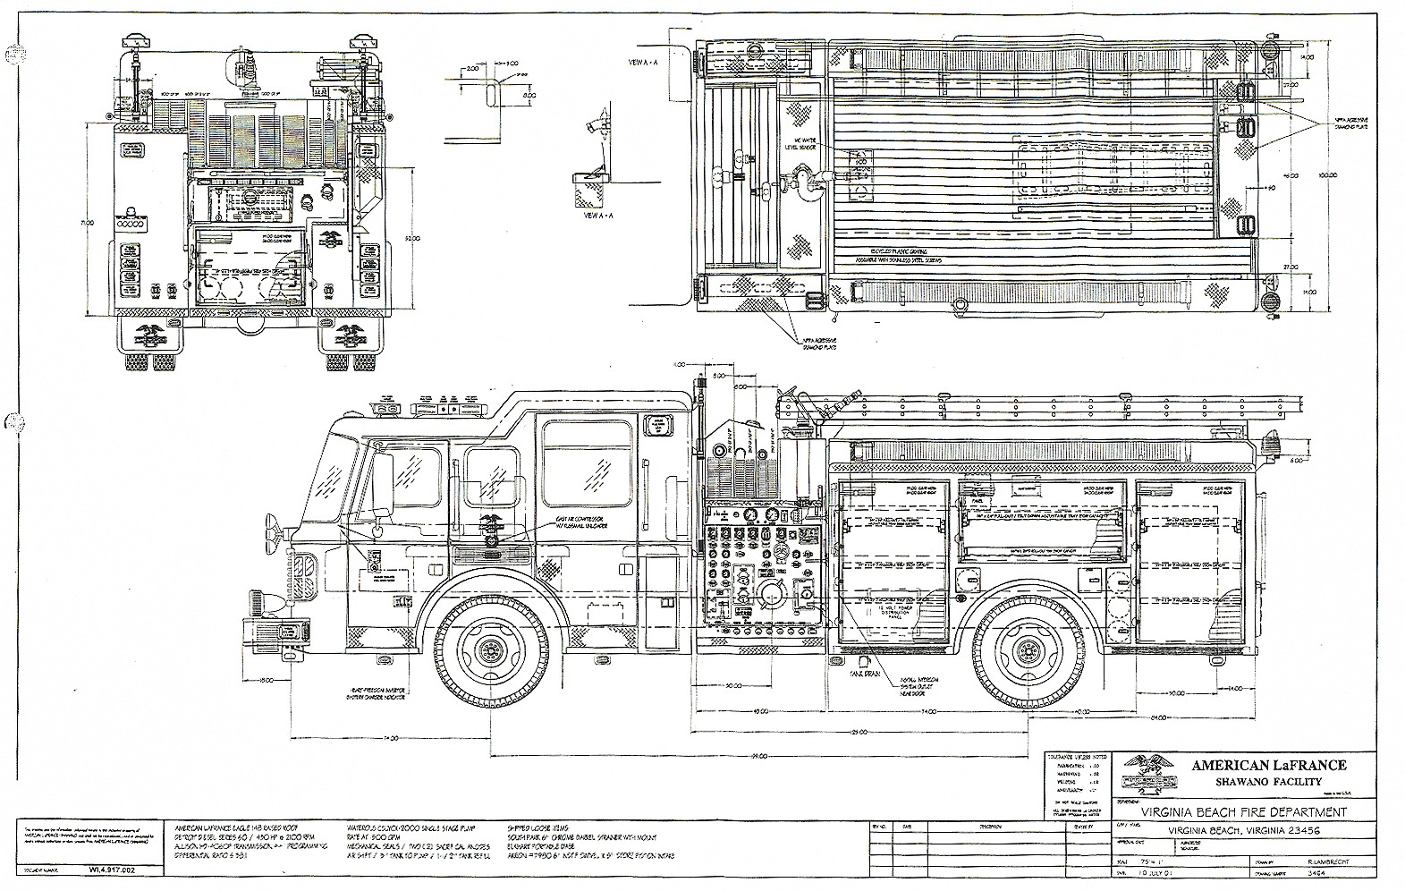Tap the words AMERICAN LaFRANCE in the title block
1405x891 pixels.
pyautogui.click(x=1268, y=765)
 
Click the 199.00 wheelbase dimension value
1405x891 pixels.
pyautogui.click(x=760, y=756)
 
